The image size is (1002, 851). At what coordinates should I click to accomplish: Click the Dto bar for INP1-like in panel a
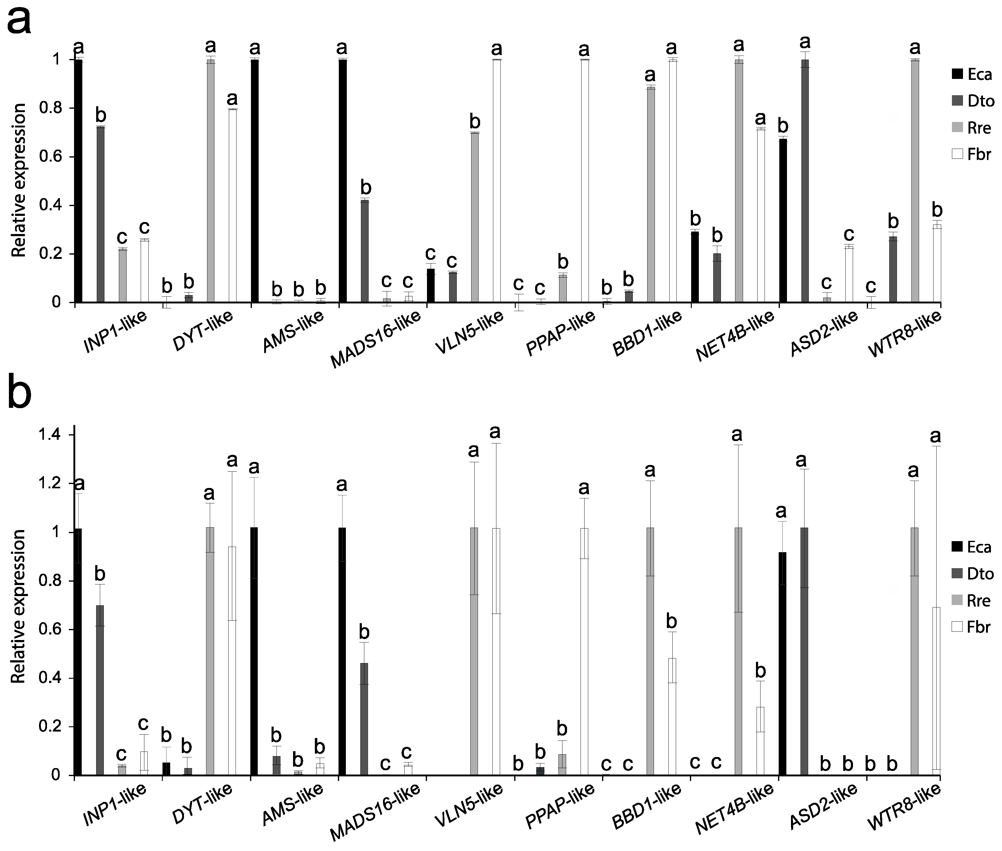[100, 215]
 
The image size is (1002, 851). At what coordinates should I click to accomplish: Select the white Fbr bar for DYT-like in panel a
[233, 206]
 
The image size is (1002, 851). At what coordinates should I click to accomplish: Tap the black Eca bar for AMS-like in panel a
[255, 181]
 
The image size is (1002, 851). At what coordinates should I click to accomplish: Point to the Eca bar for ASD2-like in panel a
[783, 221]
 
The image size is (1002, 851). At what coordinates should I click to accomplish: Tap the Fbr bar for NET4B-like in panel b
[760, 741]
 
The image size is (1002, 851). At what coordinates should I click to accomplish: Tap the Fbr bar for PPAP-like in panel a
[585, 181]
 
